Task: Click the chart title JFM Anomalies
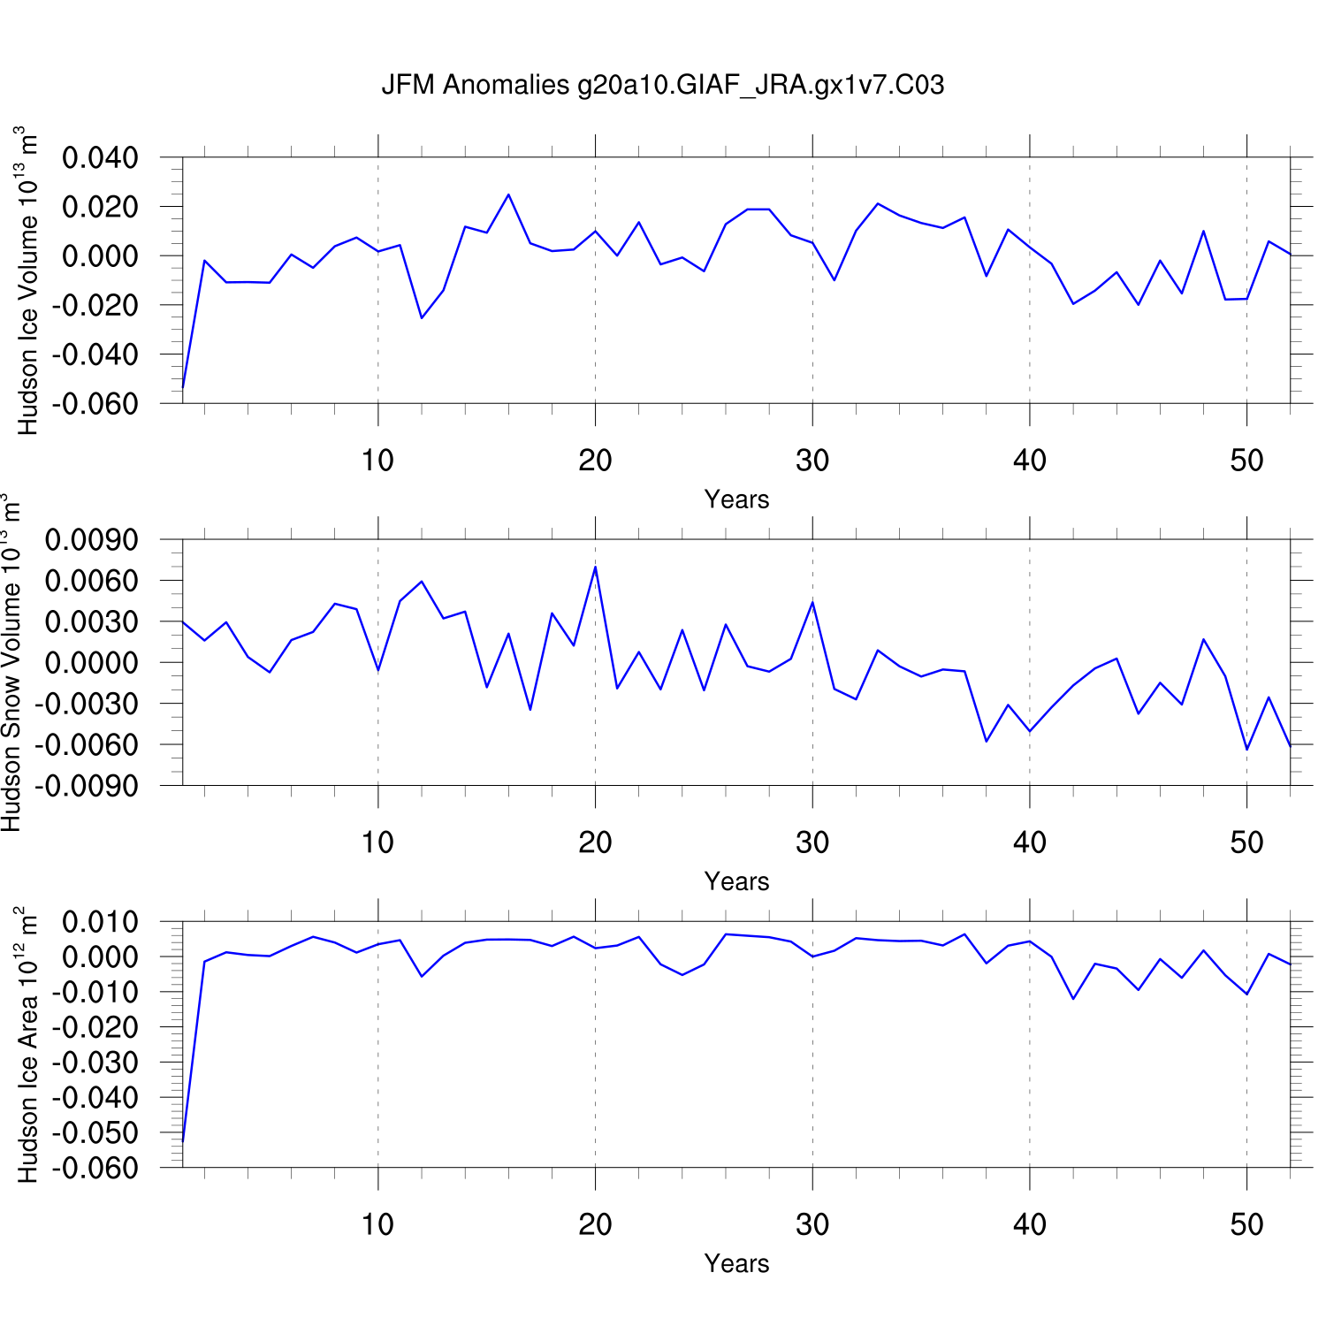[662, 85]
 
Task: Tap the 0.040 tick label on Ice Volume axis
[100, 158]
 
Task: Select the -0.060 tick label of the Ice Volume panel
[95, 404]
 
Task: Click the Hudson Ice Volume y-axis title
[28, 281]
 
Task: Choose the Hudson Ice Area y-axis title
[28, 1045]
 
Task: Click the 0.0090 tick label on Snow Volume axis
[92, 540]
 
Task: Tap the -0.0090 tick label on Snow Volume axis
[88, 786]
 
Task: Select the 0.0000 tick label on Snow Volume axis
[92, 663]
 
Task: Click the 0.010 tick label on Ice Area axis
[100, 922]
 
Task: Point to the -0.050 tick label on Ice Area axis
[95, 1132]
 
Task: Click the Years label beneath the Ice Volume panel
[736, 499]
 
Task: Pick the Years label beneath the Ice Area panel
[736, 1263]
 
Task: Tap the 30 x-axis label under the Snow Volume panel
[812, 842]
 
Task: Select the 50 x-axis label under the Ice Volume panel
[1246, 461]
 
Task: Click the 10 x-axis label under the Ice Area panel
[377, 1224]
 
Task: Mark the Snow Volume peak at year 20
[595, 567]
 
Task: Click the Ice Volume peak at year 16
[508, 194]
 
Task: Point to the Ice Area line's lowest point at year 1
[183, 1140]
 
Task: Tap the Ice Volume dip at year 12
[422, 318]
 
